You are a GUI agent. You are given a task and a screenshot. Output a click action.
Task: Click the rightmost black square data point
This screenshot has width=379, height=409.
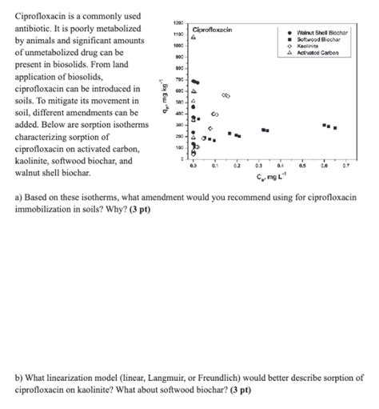pos(335,128)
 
